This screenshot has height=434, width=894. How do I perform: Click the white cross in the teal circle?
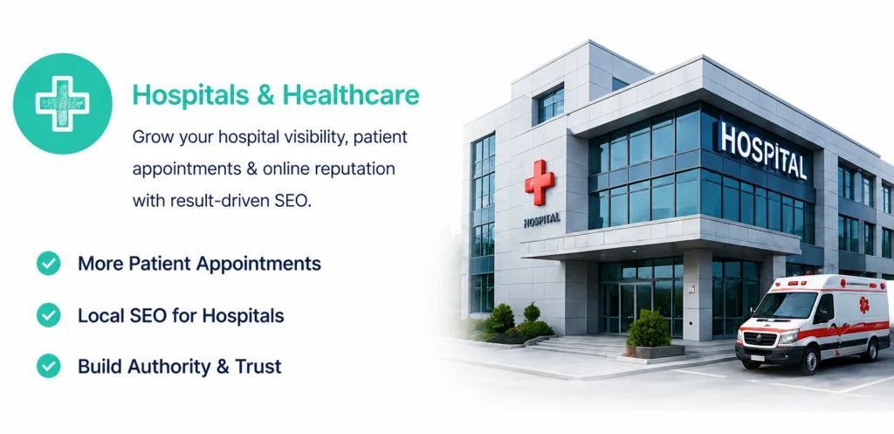tap(62, 104)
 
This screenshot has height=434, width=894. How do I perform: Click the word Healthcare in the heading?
tap(351, 94)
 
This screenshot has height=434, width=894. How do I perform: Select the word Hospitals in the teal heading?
tap(190, 96)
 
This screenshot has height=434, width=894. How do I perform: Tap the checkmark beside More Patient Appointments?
tap(49, 264)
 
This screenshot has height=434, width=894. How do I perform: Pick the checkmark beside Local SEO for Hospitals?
tap(49, 315)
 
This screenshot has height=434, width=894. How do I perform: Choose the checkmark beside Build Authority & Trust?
tap(49, 366)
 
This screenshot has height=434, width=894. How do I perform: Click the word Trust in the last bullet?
tap(258, 366)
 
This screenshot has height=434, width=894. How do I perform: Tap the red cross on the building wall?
tap(540, 182)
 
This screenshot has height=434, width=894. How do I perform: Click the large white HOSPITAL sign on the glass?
tap(763, 150)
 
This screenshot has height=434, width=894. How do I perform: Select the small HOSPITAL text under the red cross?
tap(541, 220)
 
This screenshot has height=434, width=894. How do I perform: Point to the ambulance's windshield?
tap(786, 307)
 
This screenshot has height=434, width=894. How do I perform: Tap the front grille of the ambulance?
tap(760, 338)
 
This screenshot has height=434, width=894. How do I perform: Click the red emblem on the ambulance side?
tap(864, 305)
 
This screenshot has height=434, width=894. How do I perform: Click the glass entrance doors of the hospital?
tap(635, 307)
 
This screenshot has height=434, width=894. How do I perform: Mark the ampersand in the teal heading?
tap(265, 95)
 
